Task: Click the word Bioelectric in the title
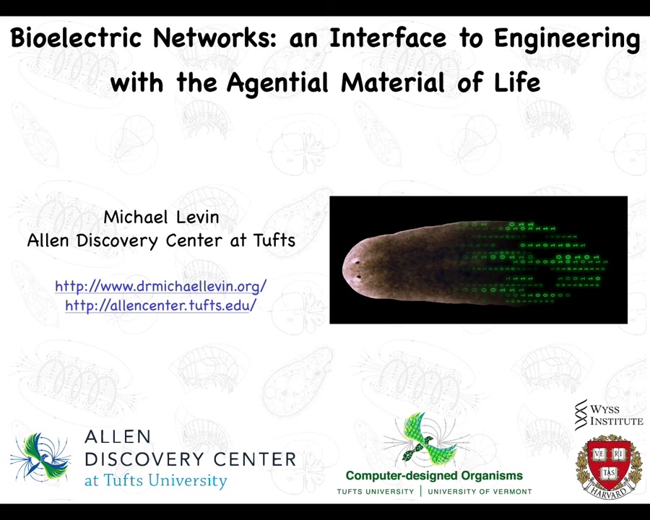tap(76, 38)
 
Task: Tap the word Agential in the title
tap(277, 82)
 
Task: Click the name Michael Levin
tap(161, 217)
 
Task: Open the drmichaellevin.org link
tap(161, 286)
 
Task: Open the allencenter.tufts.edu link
tap(161, 305)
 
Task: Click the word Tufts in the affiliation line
tap(274, 240)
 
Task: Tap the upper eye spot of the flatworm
tap(355, 261)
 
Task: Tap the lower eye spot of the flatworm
tap(358, 277)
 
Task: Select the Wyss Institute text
tap(617, 415)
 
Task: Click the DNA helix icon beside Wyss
tap(581, 415)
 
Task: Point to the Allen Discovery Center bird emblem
tap(41, 456)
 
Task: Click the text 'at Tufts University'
tap(156, 480)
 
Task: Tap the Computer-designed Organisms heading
tap(434, 476)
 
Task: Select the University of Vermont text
tap(480, 492)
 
